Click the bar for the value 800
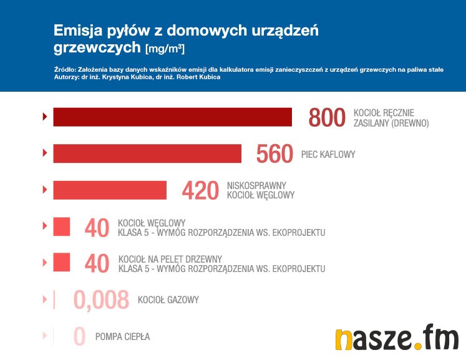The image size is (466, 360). click(172, 117)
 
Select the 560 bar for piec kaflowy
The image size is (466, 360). click(147, 153)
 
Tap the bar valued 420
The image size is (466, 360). click(110, 190)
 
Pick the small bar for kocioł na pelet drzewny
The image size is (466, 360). click(61, 263)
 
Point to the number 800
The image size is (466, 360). click(327, 117)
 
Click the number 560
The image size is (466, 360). click(274, 154)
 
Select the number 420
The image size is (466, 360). click(200, 191)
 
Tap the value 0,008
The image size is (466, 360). click(101, 300)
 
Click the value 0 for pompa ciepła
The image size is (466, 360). click(79, 337)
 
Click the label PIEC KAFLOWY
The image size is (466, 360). click(328, 154)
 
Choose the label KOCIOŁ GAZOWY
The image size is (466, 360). click(168, 300)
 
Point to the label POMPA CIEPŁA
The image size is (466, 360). click(123, 337)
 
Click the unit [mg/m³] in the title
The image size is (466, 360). click(165, 48)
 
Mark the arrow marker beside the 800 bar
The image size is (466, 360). click(44, 117)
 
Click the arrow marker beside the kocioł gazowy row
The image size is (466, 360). click(44, 299)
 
